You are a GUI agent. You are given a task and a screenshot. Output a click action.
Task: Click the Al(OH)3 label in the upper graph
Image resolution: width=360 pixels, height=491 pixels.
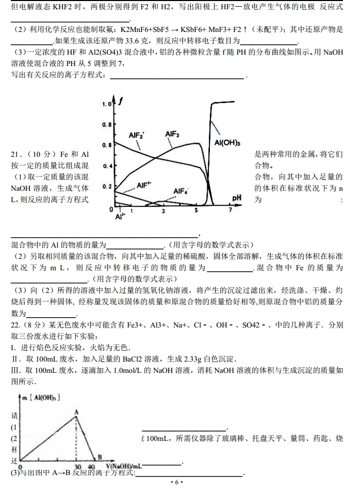tap(227, 142)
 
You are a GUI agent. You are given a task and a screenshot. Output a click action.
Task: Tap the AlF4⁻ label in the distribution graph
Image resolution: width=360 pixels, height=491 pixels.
tap(181, 191)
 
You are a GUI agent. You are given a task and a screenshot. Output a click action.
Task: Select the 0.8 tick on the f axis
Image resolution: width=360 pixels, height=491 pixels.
tap(106, 124)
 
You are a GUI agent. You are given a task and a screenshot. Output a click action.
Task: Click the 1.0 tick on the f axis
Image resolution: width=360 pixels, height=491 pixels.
tap(106, 104)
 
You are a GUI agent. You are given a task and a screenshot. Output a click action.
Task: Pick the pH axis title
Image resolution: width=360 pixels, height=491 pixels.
tap(237, 198)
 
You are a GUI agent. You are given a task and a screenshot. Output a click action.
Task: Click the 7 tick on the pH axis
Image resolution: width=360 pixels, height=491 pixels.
tap(231, 210)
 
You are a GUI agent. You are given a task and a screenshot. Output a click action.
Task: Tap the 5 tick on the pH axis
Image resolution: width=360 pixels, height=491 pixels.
tap(197, 210)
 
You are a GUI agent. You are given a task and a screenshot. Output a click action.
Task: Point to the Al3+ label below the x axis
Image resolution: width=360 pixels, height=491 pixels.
tap(119, 218)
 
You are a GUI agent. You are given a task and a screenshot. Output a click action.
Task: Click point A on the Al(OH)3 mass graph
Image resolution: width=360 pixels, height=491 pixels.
tap(76, 412)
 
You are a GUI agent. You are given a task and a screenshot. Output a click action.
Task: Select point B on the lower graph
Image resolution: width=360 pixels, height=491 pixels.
tap(99, 456)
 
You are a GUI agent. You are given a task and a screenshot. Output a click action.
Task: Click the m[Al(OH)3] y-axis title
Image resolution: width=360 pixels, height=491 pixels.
tap(42, 397)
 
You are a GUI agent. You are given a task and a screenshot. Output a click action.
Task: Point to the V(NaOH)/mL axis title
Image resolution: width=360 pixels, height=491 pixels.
tap(122, 467)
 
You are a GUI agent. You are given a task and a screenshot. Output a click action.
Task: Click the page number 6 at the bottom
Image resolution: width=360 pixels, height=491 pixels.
tap(176, 482)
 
